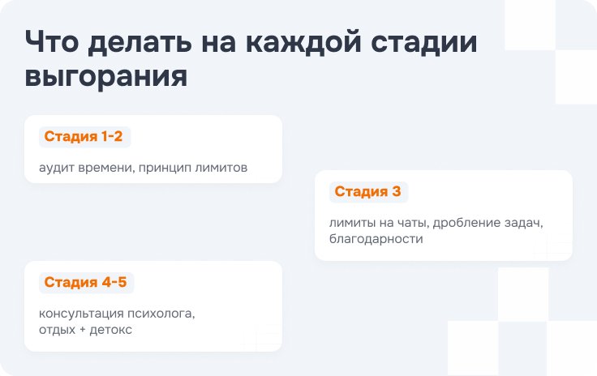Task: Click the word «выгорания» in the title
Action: (106, 76)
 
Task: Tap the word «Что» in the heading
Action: (52, 41)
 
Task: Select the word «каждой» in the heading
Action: (303, 42)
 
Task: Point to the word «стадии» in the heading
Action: (424, 43)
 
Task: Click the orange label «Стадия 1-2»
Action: (84, 136)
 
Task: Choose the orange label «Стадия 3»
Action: (367, 191)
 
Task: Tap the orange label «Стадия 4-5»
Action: (85, 282)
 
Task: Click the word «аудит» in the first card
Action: (57, 168)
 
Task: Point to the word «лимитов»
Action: (221, 168)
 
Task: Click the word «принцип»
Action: (165, 169)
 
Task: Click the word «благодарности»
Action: (376, 239)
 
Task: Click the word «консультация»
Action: (81, 314)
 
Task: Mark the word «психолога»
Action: (161, 314)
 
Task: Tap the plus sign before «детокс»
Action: (83, 330)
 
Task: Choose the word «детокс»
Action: (111, 330)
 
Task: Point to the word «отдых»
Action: (57, 330)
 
